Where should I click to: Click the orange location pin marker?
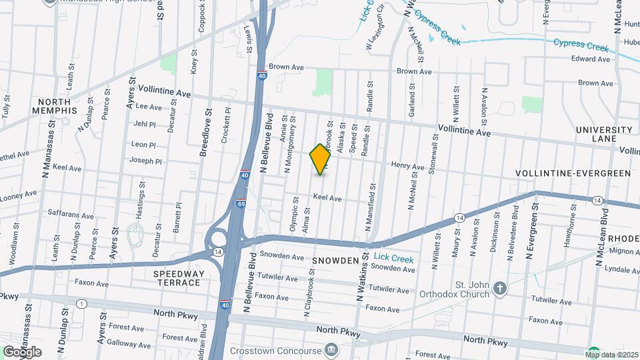click(321, 159)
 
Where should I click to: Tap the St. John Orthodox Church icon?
click(500, 288)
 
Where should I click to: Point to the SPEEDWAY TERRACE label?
click(177, 278)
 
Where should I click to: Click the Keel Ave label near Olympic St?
click(327, 198)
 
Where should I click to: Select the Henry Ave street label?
click(407, 165)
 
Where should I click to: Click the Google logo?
click(22, 351)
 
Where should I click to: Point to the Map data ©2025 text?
click(611, 354)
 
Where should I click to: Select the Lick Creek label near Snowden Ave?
click(393, 259)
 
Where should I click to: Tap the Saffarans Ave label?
click(71, 215)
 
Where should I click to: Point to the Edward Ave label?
click(591, 59)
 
